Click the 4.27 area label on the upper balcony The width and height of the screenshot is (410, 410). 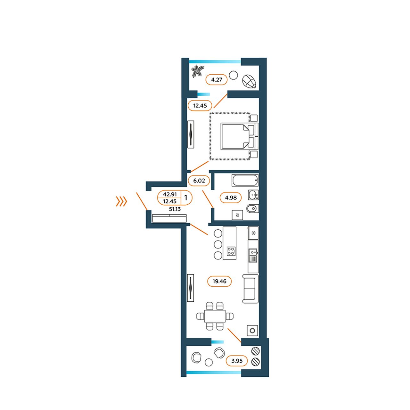pyautogui.click(x=217, y=80)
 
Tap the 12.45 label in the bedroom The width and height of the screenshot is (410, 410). pyautogui.click(x=200, y=105)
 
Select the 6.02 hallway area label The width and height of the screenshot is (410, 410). pyautogui.click(x=199, y=181)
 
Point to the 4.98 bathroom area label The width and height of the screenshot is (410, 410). pyautogui.click(x=231, y=198)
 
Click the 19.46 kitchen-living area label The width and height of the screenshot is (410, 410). pyautogui.click(x=219, y=281)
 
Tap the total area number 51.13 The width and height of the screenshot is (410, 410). pyautogui.click(x=175, y=209)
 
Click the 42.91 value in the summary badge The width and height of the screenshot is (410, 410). pyautogui.click(x=170, y=194)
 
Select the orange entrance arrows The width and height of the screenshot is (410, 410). pyautogui.click(x=121, y=201)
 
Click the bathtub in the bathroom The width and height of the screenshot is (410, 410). pyautogui.click(x=245, y=180)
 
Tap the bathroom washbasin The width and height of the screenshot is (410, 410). pyautogui.click(x=253, y=195)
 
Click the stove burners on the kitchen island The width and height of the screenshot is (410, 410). pyautogui.click(x=231, y=251)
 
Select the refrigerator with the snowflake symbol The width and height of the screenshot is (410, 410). pyautogui.click(x=253, y=233)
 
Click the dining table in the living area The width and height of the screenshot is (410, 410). pyautogui.click(x=215, y=316)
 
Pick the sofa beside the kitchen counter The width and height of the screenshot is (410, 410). pyautogui.click(x=250, y=289)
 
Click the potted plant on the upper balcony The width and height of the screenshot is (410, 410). pyautogui.click(x=197, y=71)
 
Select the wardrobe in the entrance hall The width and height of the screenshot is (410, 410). pyautogui.click(x=169, y=218)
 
